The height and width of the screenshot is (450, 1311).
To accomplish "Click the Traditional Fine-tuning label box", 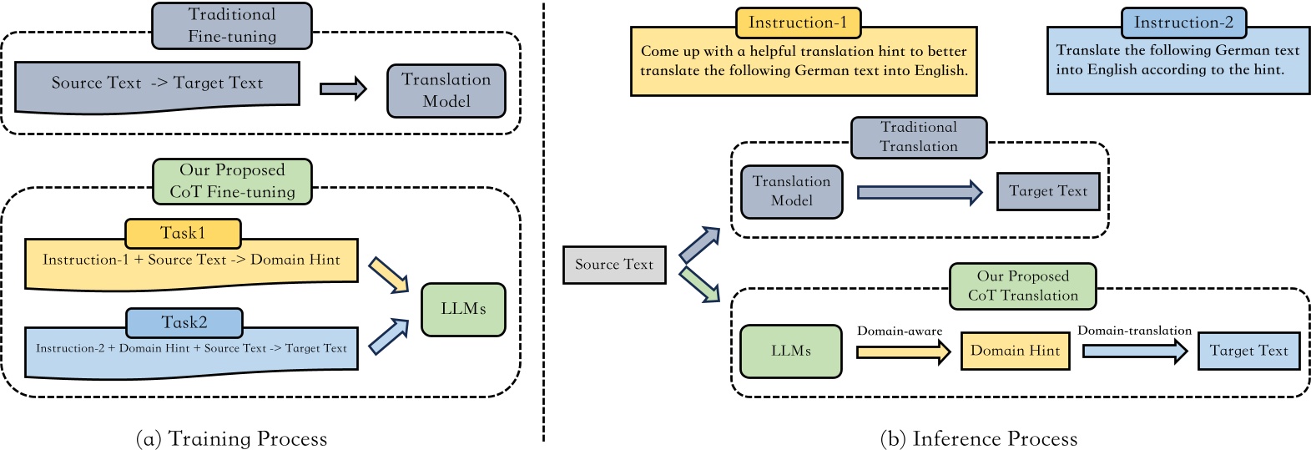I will (x=231, y=26).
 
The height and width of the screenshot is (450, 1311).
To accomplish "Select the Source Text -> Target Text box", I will (x=157, y=83).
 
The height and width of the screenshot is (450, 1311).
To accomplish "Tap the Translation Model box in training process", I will (x=446, y=90).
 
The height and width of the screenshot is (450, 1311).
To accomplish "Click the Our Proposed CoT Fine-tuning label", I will (x=232, y=181).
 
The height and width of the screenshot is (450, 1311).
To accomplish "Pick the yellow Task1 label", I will (x=183, y=233).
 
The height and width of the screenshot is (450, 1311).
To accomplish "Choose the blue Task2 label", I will (x=184, y=322).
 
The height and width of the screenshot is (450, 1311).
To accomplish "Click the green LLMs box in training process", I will (x=463, y=309).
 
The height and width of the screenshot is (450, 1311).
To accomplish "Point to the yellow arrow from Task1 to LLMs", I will (x=388, y=275).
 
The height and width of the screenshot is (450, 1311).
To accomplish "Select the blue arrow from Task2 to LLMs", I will (x=388, y=337).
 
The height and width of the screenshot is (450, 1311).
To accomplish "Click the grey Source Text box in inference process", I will (x=614, y=265).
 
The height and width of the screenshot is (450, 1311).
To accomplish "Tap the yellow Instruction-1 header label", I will (x=798, y=23).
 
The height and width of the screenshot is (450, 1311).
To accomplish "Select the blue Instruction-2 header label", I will (x=1183, y=23).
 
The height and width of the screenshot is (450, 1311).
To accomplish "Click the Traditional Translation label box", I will (x=919, y=137).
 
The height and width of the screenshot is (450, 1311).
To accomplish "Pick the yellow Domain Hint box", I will (x=1015, y=351).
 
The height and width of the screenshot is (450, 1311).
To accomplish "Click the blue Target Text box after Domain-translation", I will (x=1248, y=351).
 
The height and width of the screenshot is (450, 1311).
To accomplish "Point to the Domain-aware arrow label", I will (x=900, y=331).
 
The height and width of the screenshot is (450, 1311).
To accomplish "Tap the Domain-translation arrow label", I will (x=1134, y=331).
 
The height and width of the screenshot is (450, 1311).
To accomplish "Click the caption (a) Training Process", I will (x=231, y=438).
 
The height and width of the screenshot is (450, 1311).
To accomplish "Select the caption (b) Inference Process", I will (x=979, y=438).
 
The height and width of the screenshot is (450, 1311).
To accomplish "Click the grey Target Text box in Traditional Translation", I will (x=1048, y=191).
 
